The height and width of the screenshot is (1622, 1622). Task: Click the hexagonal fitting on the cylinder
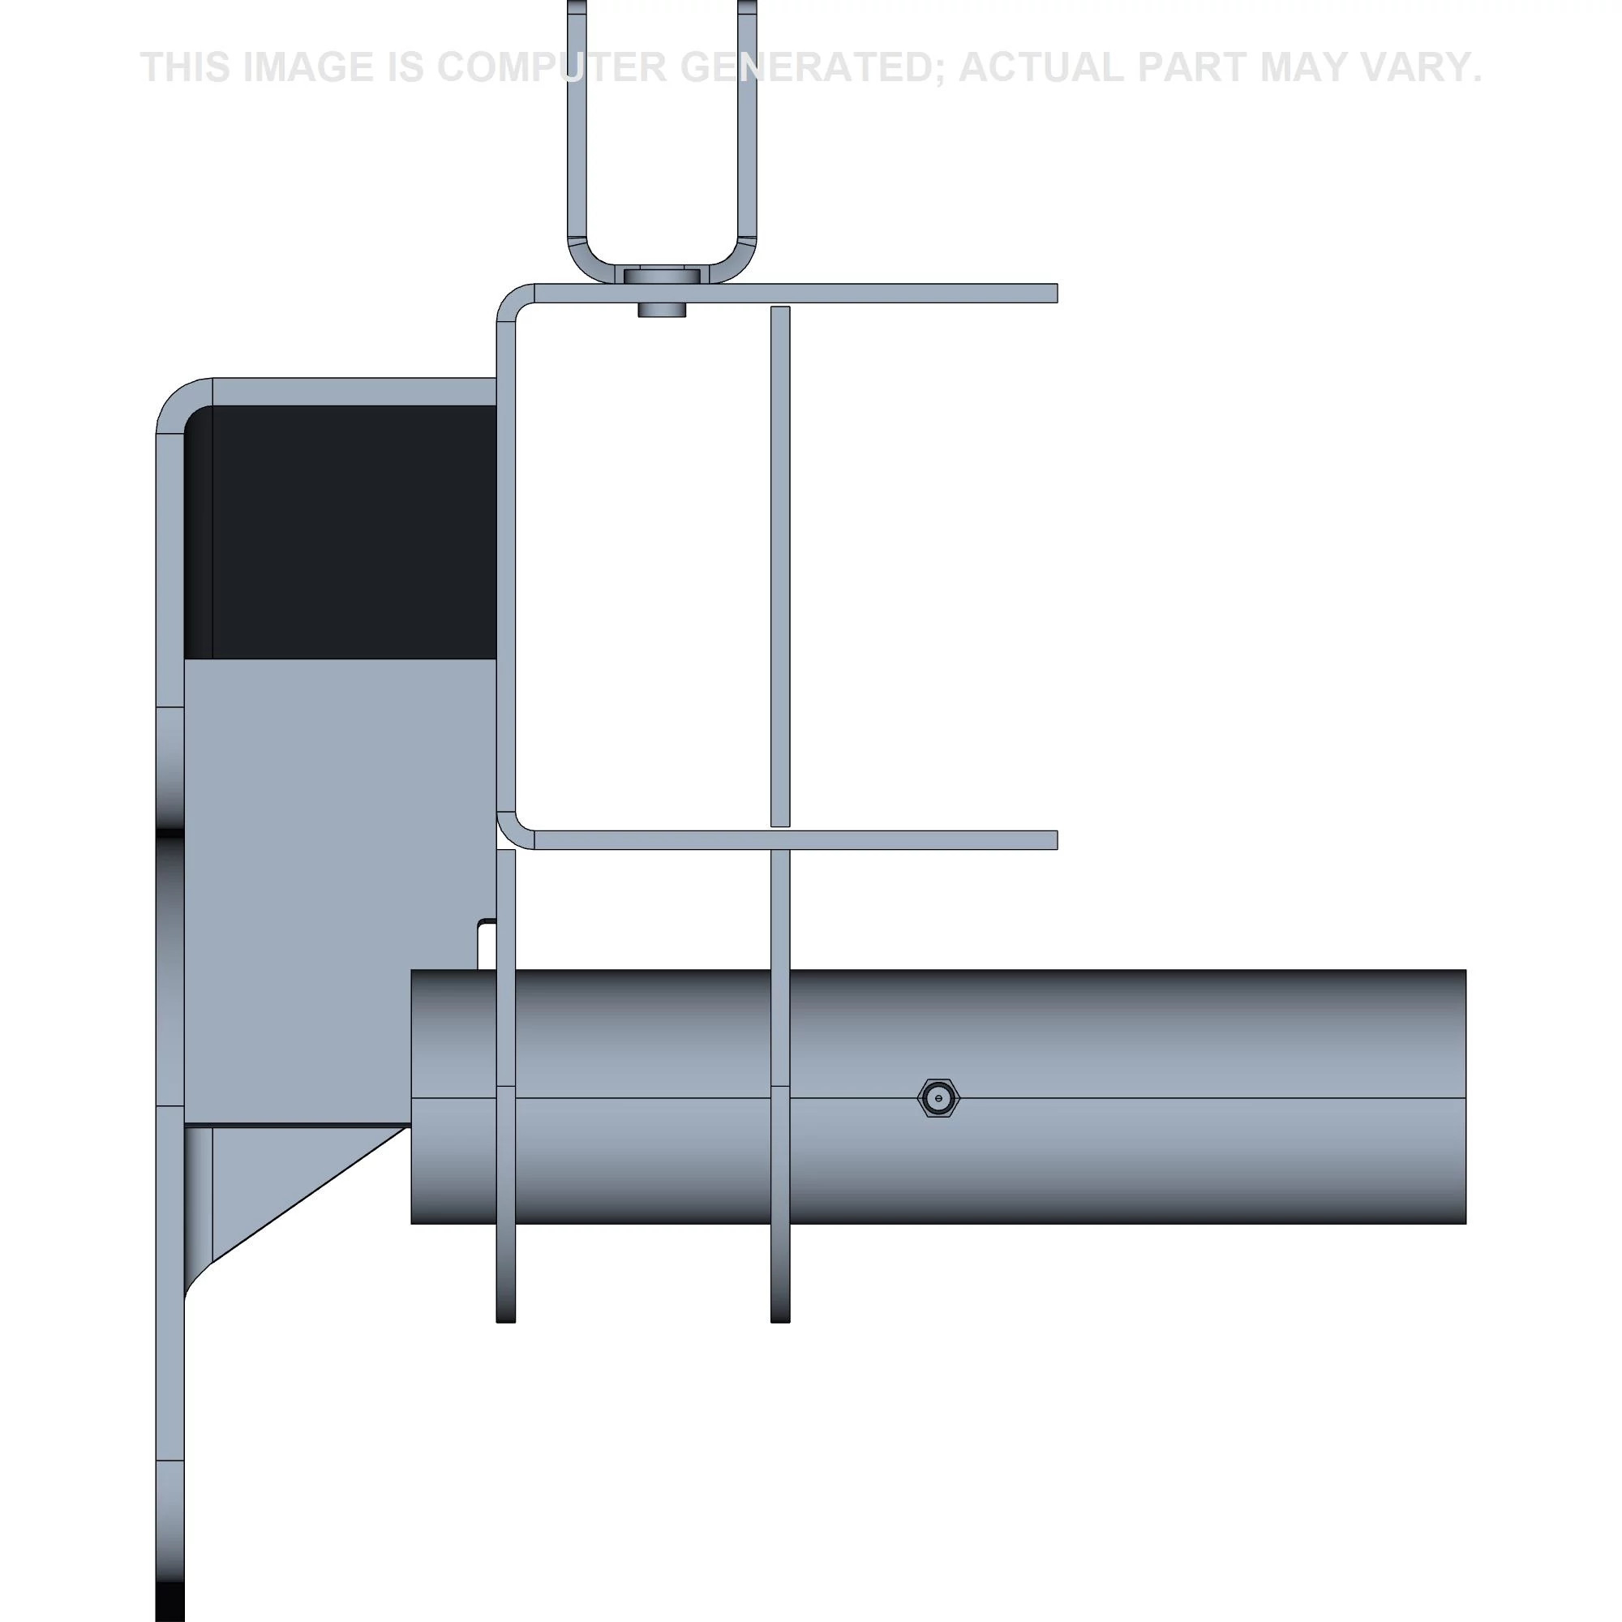click(938, 1098)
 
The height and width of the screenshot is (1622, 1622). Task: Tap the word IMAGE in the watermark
click(307, 67)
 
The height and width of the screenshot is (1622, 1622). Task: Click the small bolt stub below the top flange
click(662, 310)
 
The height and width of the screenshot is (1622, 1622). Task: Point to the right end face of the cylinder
click(1464, 1096)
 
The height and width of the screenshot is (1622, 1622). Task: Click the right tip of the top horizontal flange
click(1057, 293)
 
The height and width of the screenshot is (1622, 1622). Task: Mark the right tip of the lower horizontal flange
click(1057, 839)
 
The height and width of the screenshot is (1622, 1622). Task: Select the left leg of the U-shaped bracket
click(577, 126)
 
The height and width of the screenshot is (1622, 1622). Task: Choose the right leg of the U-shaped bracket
click(747, 126)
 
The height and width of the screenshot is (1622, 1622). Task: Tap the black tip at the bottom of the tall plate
click(169, 1603)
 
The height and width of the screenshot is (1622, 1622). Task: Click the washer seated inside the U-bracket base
click(663, 277)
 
